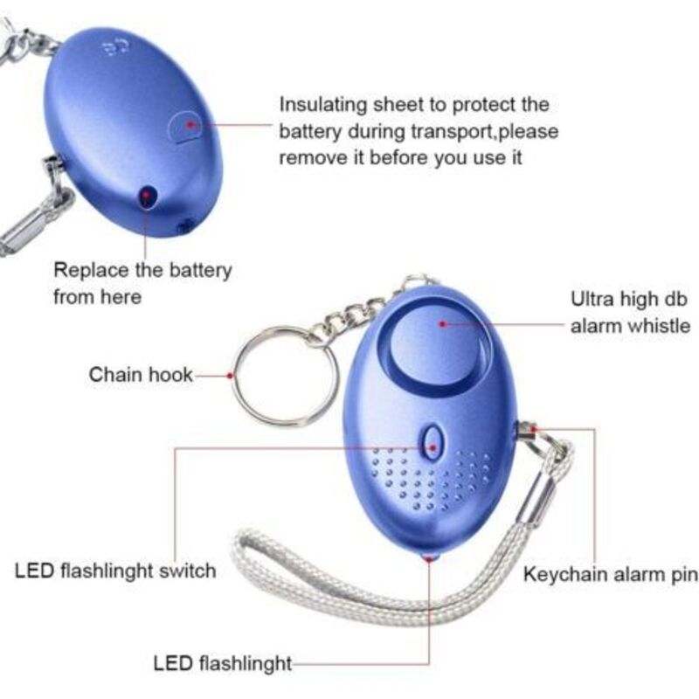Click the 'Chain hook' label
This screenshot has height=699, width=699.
(x=141, y=375)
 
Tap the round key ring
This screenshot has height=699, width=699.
(x=285, y=377)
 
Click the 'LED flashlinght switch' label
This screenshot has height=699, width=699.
(x=115, y=571)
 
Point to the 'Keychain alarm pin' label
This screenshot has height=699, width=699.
(x=611, y=574)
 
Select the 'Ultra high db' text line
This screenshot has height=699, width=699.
(x=629, y=299)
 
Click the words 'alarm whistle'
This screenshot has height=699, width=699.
(x=630, y=326)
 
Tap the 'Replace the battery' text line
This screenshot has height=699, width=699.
(x=142, y=270)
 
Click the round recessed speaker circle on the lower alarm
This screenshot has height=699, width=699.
(x=435, y=343)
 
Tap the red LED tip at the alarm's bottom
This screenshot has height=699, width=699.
(x=429, y=556)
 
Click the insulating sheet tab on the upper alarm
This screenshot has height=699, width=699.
(x=183, y=127)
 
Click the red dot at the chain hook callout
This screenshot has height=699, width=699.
(x=230, y=376)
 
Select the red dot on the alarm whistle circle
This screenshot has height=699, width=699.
(x=443, y=323)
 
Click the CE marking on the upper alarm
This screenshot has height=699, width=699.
(x=114, y=47)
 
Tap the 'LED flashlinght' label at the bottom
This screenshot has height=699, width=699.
(x=223, y=663)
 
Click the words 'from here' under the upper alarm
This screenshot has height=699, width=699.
(x=98, y=297)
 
